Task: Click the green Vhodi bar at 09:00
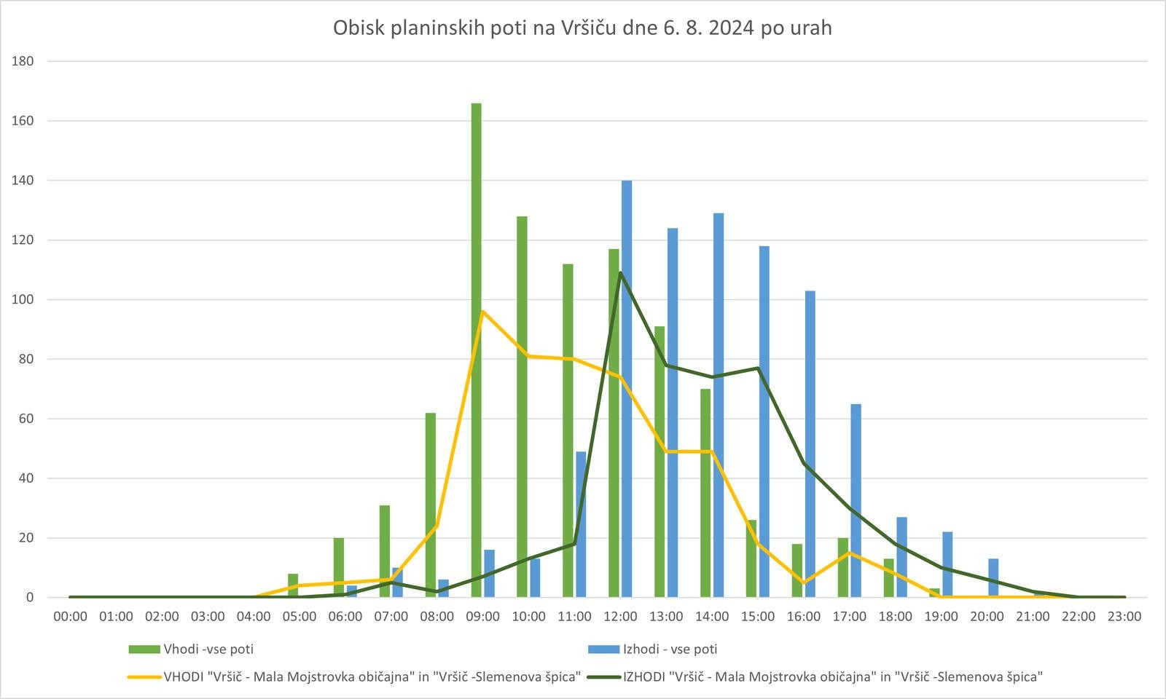(x=476, y=349)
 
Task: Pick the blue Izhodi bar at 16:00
(x=810, y=444)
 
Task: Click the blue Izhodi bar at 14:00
(x=719, y=405)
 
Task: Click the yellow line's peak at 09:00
(x=482, y=312)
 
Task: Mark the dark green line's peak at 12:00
(x=620, y=273)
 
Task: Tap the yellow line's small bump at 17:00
(x=849, y=553)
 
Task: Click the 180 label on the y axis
(x=23, y=61)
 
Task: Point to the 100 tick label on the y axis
(x=23, y=299)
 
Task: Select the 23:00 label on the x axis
(x=1124, y=617)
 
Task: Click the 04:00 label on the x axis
(x=254, y=617)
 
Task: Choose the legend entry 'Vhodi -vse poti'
(x=208, y=649)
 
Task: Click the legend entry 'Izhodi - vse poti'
(x=670, y=649)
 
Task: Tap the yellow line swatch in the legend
(x=144, y=676)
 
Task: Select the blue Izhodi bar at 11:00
(x=581, y=524)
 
